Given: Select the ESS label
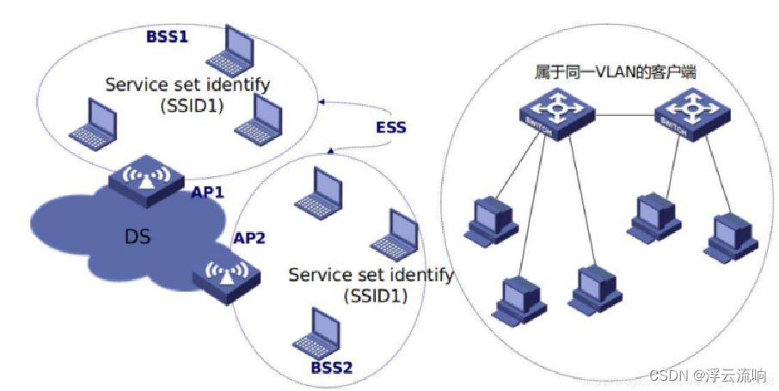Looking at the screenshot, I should (x=389, y=128).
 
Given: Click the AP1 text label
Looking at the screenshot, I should (x=207, y=192).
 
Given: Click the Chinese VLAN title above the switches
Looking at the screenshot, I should (x=614, y=74).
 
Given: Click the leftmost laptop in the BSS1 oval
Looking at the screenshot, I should (x=93, y=124).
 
